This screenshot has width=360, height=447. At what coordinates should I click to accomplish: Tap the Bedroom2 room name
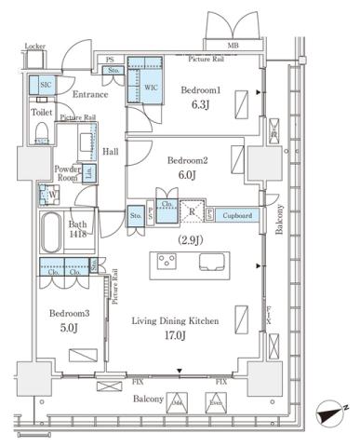(187, 160)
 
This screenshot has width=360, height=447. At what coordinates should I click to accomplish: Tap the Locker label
(35, 46)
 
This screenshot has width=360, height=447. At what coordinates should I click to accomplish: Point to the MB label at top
(232, 44)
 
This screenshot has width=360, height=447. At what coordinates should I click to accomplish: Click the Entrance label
(90, 94)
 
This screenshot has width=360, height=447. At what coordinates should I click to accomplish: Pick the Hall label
(110, 150)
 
